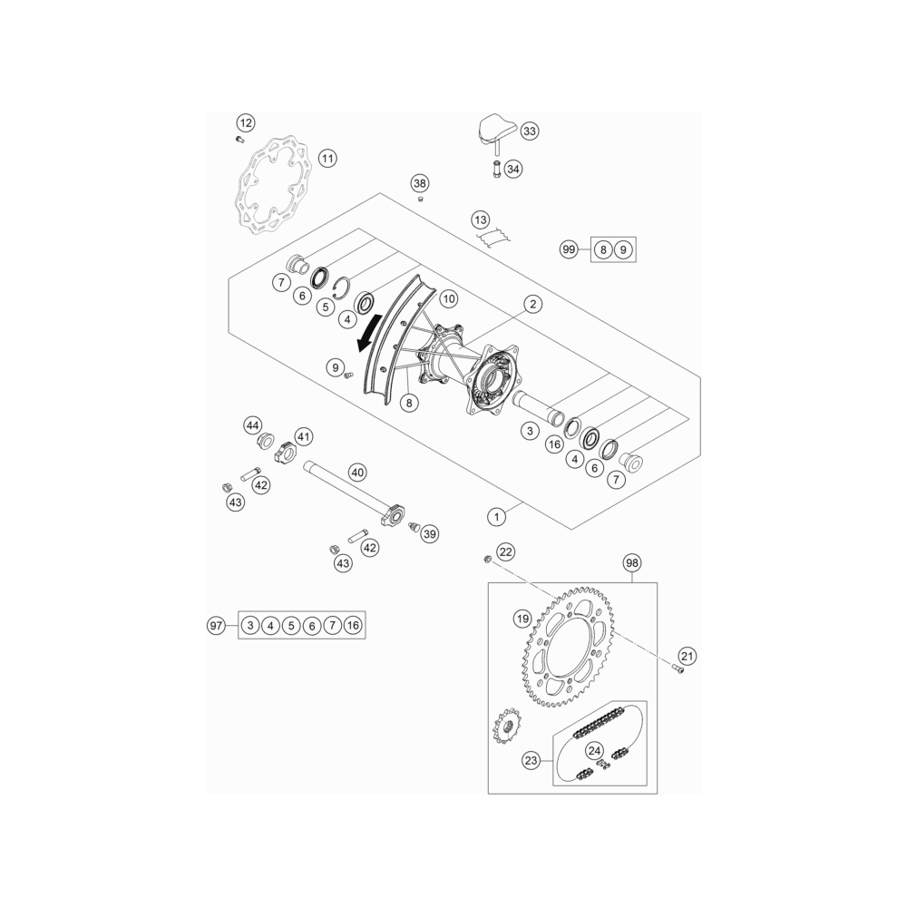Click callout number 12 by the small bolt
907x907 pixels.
246,122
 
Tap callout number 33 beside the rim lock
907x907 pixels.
530,132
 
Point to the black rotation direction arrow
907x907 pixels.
369,332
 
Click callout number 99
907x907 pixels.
570,250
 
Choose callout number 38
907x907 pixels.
419,184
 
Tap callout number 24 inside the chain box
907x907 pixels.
595,751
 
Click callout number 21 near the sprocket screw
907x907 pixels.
687,656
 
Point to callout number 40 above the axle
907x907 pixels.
357,473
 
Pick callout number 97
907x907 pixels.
216,625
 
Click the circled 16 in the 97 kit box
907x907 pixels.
353,625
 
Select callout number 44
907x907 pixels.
253,425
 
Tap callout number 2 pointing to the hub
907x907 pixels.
532,304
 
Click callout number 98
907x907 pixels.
632,563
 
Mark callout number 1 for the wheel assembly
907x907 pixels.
496,517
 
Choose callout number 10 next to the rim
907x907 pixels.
449,299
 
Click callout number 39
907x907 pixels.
430,534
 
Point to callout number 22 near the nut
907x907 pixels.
505,551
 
